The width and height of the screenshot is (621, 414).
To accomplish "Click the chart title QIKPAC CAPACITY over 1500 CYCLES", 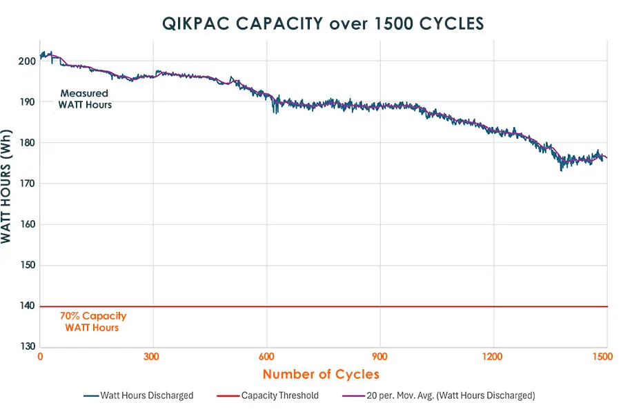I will tap(323, 23).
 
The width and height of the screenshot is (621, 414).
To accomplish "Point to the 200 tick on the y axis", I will tap(26, 61).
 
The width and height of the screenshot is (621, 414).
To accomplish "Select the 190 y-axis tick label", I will tap(26, 101).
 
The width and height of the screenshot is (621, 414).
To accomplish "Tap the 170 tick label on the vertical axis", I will tap(26, 184).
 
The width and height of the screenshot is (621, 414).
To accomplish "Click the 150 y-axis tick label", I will tap(26, 266).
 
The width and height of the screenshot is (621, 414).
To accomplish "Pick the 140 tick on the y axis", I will tap(26, 306).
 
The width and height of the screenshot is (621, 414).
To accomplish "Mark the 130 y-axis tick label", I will tap(26, 347).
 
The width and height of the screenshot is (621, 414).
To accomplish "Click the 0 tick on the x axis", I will tap(40, 357).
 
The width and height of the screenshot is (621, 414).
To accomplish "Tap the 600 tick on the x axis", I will tap(266, 357).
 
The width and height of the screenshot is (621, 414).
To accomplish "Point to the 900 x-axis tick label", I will tap(379, 357).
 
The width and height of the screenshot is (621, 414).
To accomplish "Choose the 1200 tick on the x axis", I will tap(493, 357).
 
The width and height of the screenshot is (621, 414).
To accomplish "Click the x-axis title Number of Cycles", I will tap(321, 375).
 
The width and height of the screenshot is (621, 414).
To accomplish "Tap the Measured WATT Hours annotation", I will tap(85, 99).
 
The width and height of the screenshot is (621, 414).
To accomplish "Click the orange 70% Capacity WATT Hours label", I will tap(92, 322).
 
